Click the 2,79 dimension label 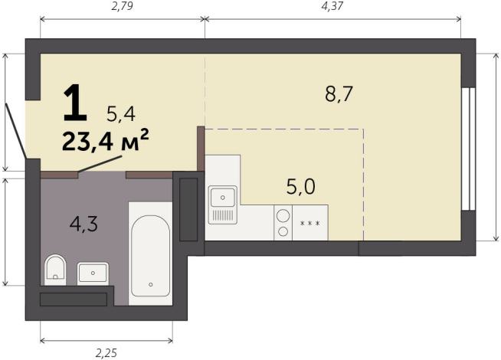point(122,6)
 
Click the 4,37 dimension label point(332,6)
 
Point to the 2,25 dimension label point(106,353)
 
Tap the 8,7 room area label point(339,94)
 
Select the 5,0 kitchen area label point(300,187)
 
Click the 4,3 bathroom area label point(83,224)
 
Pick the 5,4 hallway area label point(121,114)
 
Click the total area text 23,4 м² point(106,139)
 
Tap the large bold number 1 point(75,103)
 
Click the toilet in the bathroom point(55,270)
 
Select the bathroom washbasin point(93,273)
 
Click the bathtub point(150,254)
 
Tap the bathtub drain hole point(150,285)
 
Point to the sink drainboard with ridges point(223,215)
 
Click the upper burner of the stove point(283,215)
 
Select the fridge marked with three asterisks point(310,223)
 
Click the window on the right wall point(468,149)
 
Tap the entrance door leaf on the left point(15,131)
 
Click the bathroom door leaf point(100,164)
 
